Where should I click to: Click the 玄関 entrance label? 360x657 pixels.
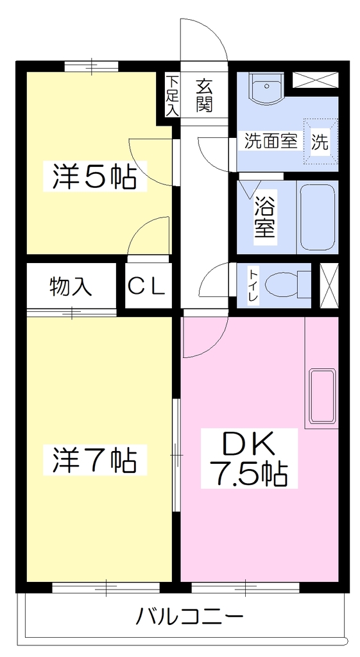click(204, 96)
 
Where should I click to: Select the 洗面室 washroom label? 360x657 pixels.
click(271, 142)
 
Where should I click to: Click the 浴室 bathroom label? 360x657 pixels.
click(264, 217)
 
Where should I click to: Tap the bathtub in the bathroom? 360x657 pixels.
click(317, 218)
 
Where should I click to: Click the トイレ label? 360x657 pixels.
click(253, 286)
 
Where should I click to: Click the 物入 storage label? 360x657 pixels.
click(71, 287)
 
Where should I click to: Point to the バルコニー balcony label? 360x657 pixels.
click(190, 617)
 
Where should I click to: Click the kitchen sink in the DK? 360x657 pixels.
click(323, 396)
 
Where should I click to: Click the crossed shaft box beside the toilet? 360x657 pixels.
click(329, 285)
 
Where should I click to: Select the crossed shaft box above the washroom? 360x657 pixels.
click(314, 80)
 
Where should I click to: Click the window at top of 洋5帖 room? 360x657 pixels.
click(91, 66)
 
